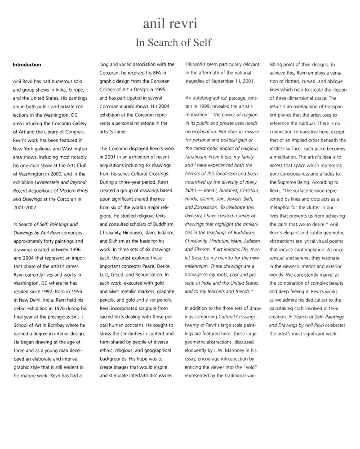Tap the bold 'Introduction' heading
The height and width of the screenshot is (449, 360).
click(27, 65)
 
